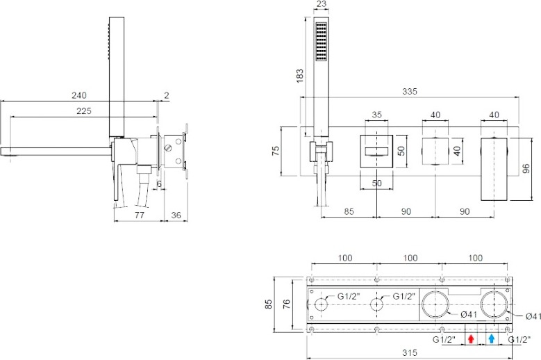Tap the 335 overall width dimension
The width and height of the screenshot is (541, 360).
[x=410, y=92]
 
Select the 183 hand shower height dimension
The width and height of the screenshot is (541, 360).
[x=300, y=76]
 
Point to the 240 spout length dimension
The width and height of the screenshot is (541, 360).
[x=79, y=95]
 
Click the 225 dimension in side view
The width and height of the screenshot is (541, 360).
[x=84, y=111]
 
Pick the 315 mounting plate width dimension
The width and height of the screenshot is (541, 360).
[x=410, y=353]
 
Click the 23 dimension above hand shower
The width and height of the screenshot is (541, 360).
[x=321, y=3]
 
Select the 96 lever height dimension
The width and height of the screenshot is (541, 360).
[x=526, y=169]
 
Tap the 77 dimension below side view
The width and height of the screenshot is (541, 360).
[x=139, y=215]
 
